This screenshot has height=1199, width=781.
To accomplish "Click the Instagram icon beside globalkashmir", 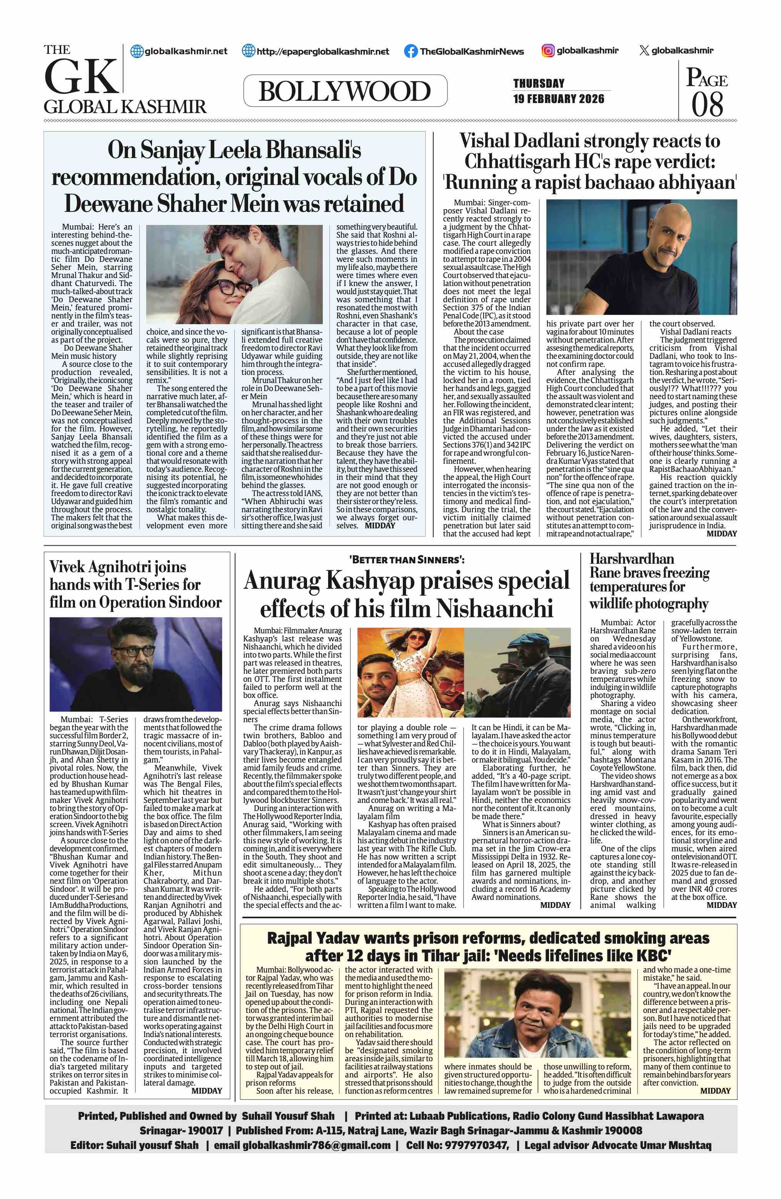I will pyautogui.click(x=548, y=50).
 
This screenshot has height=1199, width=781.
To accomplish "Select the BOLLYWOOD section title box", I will pyautogui.click(x=345, y=91).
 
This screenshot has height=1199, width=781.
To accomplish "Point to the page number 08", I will pyautogui.click(x=708, y=104).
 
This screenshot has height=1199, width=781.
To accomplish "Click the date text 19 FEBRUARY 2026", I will pyautogui.click(x=559, y=99).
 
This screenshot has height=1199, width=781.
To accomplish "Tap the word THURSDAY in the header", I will pyautogui.click(x=539, y=83).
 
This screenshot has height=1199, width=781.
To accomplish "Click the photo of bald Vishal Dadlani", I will pyautogui.click(x=641, y=257).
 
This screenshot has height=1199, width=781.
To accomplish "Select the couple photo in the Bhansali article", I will pyautogui.click(x=234, y=275).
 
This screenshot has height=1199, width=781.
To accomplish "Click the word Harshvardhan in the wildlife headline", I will pyautogui.click(x=632, y=559).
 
